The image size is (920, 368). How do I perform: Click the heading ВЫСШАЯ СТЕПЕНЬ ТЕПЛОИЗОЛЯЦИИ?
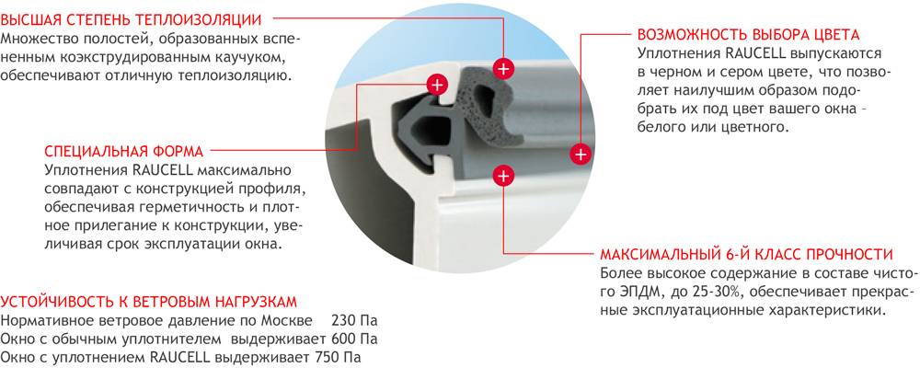click(x=131, y=19)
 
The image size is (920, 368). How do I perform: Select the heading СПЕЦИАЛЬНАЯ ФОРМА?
click(x=124, y=152)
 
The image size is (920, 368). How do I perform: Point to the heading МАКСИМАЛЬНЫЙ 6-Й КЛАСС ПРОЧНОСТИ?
click(x=746, y=255)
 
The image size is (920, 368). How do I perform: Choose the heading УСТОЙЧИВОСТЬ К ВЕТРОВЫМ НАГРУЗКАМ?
click(x=148, y=303)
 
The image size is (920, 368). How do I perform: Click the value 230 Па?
click(x=354, y=322)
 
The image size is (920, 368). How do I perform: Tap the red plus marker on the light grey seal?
click(x=503, y=69)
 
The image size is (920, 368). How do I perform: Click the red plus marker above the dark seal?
click(x=436, y=86)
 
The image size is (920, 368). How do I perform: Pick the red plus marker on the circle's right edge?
click(x=581, y=155)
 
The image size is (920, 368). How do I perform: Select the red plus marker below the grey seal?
click(x=503, y=176)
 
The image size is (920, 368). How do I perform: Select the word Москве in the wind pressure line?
click(x=283, y=322)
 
